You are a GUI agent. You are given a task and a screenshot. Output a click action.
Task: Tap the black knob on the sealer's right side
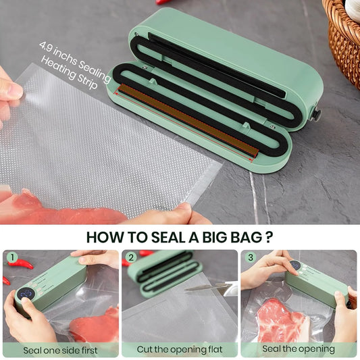(315, 115)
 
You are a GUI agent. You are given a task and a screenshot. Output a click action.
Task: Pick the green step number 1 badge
(11, 257)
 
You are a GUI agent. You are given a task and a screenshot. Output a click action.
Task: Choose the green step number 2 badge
(129, 257)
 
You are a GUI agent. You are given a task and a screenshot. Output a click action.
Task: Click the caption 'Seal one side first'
(61, 350)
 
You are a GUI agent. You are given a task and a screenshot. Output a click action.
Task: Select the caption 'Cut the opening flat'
(179, 350)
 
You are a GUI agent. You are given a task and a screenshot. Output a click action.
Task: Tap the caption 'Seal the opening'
(298, 350)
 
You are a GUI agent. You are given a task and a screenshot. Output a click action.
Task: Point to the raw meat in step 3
(280, 317)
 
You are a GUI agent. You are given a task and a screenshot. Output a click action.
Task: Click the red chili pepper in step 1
(23, 264)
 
